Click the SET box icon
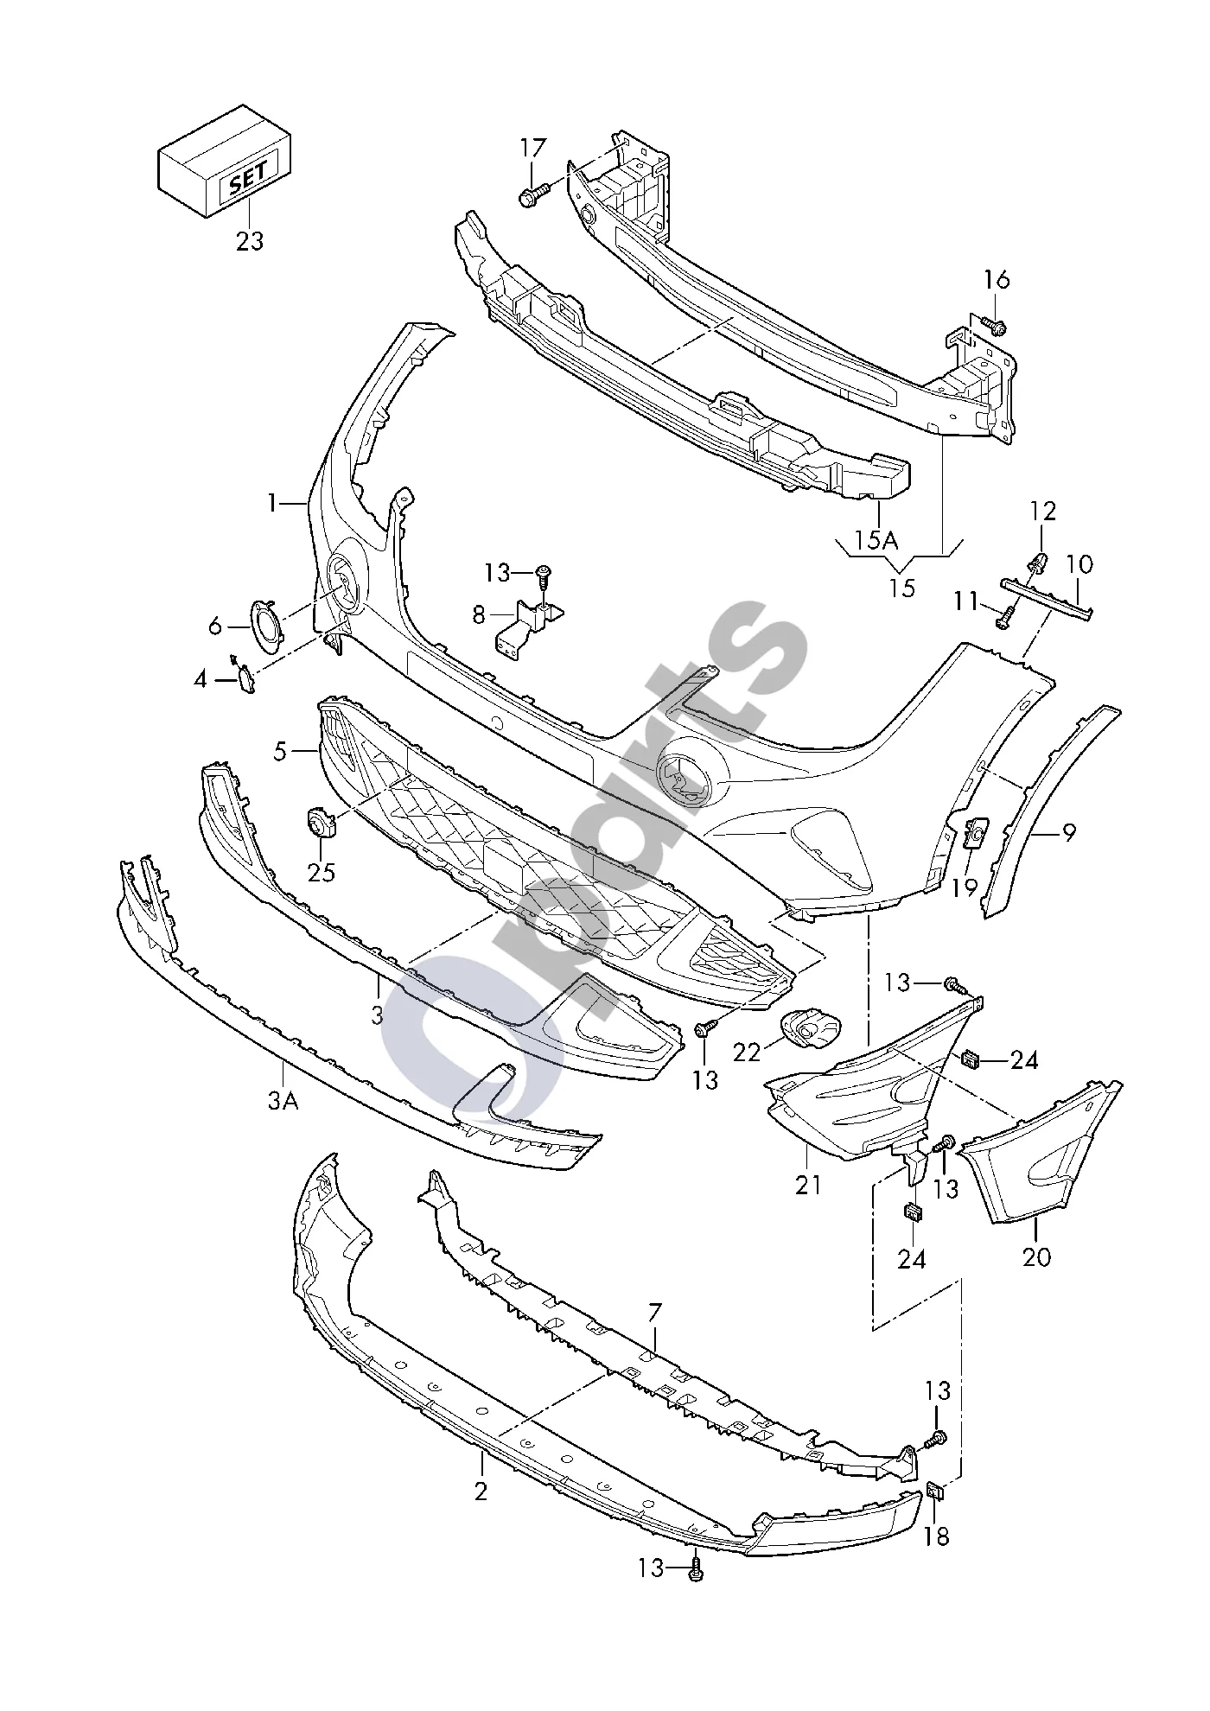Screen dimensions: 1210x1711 tap(223, 162)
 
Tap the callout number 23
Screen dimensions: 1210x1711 tap(250, 241)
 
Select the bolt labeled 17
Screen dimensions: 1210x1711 tap(535, 193)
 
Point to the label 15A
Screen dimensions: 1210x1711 tap(878, 541)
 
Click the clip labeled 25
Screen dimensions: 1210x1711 tap(322, 821)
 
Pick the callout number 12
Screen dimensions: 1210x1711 tap(1044, 511)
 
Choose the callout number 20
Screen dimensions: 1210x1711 tap(1036, 1256)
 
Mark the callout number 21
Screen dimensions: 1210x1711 tap(808, 1185)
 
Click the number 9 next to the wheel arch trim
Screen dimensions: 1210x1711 tap(1069, 834)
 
